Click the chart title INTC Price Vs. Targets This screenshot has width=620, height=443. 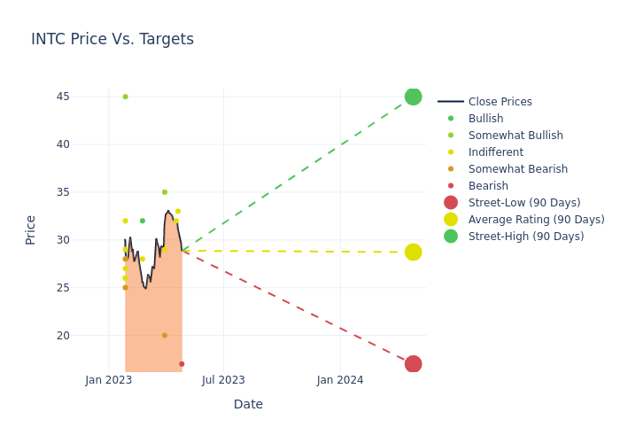click(112, 40)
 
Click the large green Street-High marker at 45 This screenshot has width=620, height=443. click(413, 97)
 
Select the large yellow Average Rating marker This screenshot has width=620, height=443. click(413, 252)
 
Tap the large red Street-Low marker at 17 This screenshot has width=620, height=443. click(413, 364)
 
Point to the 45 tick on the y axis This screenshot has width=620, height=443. click(63, 97)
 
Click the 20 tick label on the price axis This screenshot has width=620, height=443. click(63, 336)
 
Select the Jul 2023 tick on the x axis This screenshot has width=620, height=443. click(223, 380)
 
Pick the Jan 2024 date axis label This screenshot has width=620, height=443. click(340, 380)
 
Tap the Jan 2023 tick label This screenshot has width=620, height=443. click(109, 380)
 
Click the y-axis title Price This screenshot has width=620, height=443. click(31, 229)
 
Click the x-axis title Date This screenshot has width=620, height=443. click(248, 405)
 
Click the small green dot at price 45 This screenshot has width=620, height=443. click(125, 97)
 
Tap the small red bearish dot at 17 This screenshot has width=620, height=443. click(182, 364)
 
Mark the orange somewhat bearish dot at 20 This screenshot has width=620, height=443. click(164, 336)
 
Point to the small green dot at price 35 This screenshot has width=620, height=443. click(164, 192)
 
